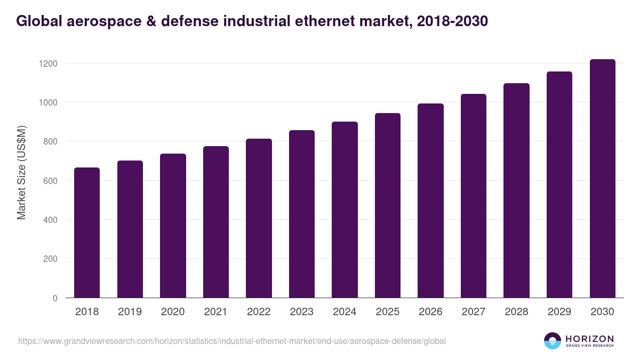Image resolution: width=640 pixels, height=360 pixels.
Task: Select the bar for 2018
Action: coord(87,233)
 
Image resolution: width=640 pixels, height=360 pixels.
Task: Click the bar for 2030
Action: coord(602,179)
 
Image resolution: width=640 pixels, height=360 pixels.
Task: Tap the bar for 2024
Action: coord(345,210)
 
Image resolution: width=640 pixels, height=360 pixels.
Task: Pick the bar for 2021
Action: coord(216,222)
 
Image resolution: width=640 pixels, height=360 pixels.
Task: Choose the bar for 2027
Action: coord(474,196)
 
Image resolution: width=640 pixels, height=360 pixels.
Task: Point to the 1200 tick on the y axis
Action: coord(47,63)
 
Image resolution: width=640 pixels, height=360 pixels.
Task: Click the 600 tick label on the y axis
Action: coord(50,181)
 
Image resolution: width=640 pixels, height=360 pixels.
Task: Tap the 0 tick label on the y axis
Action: coord(54,298)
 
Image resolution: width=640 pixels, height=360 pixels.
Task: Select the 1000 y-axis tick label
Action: coord(47,102)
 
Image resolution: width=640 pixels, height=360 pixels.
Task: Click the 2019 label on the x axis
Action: coord(130,312)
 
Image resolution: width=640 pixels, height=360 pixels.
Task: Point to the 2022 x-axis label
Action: coord(259,312)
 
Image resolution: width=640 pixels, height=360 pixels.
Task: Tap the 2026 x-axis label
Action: coord(430,312)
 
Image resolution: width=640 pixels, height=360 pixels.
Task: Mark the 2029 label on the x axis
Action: coord(559,312)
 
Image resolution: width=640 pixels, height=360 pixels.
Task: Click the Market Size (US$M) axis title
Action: coord(21,173)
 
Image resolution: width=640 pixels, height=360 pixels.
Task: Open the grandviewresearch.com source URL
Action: coord(232,341)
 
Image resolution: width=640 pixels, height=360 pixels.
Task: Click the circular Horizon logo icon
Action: coord(552,341)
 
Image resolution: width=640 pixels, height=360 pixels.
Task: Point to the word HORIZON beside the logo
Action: coord(589,338)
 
